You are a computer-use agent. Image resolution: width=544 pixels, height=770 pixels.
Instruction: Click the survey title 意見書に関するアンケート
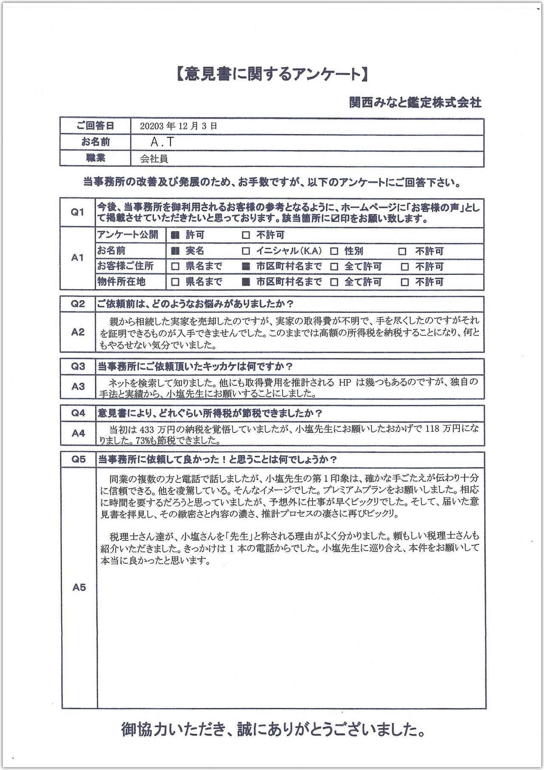[x=272, y=75]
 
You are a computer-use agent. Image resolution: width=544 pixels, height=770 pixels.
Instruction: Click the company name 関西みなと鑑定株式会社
[x=415, y=102]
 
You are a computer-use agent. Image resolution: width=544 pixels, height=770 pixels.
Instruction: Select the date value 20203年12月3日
[x=178, y=126]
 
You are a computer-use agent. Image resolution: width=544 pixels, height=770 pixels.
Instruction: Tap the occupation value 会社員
[x=154, y=159]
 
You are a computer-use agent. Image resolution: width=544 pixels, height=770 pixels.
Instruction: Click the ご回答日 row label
[x=95, y=126]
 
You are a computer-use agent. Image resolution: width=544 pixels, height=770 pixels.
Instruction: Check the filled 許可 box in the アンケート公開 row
[x=175, y=235]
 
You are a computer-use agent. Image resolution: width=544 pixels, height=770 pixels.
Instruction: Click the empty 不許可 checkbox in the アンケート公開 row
[x=245, y=235]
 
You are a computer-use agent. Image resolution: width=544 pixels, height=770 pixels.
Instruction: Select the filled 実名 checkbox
[x=175, y=251]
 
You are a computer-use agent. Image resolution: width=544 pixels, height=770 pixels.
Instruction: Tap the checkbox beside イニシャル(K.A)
[x=245, y=251]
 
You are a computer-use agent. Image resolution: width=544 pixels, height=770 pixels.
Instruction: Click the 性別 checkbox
[x=334, y=251]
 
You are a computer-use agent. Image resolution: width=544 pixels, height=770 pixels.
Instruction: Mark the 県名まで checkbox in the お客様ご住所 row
[x=175, y=267]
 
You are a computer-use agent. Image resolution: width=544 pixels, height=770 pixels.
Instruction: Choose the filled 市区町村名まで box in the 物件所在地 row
[x=245, y=282]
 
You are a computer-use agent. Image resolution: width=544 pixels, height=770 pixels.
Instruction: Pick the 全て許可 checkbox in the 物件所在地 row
[x=334, y=282]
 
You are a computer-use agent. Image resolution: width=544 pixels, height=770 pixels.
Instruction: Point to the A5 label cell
[x=79, y=587]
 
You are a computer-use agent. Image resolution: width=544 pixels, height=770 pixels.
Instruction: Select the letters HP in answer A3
[x=345, y=382]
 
